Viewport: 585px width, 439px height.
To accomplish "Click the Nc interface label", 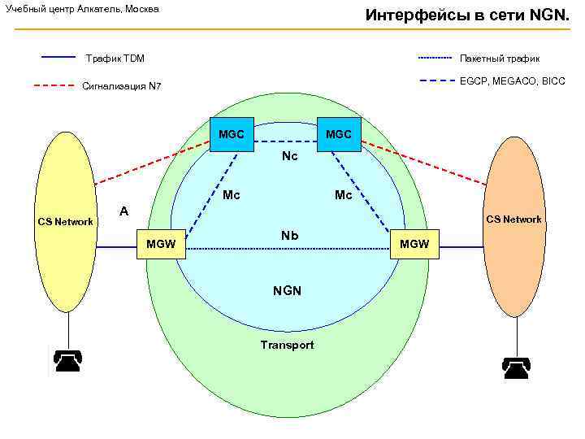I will pyautogui.click(x=290, y=155).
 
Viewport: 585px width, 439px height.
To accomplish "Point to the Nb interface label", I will pyautogui.click(x=290, y=236).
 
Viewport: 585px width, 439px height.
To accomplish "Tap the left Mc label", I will pyautogui.click(x=232, y=195).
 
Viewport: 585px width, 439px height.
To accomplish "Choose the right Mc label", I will pyautogui.click(x=343, y=195).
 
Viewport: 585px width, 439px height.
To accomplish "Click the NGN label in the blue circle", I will pyautogui.click(x=287, y=290).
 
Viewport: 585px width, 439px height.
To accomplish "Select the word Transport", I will pyautogui.click(x=287, y=345).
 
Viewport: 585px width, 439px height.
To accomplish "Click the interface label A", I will pyautogui.click(x=123, y=211).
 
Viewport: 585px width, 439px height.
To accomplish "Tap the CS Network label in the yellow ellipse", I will pyautogui.click(x=66, y=222).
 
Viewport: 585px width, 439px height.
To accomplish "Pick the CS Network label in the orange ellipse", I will pyautogui.click(x=513, y=219).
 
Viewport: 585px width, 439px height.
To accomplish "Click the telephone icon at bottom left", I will pyautogui.click(x=67, y=360).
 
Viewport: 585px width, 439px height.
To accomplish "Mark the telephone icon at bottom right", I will pyautogui.click(x=516, y=367).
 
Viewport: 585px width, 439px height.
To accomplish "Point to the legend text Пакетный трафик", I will pyautogui.click(x=500, y=59).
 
